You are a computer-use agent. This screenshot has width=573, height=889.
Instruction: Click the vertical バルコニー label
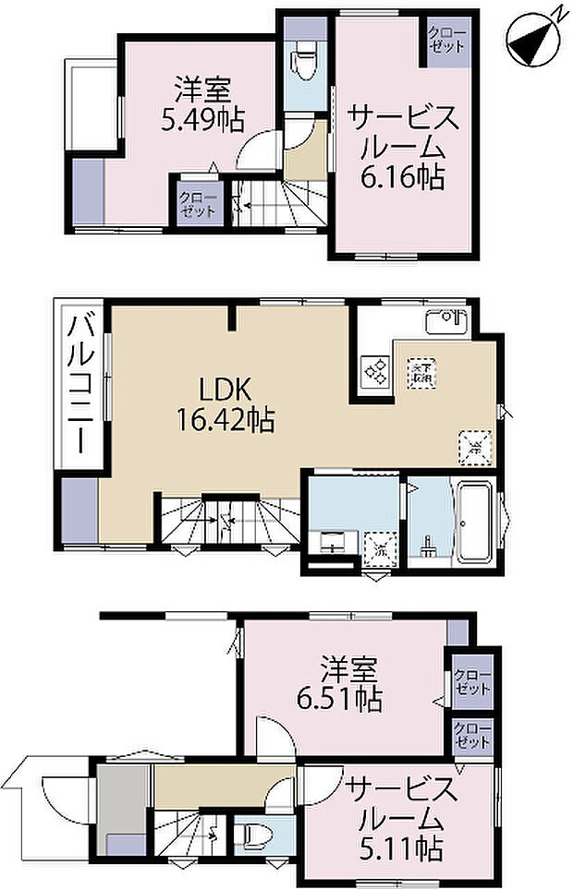[x=81, y=385]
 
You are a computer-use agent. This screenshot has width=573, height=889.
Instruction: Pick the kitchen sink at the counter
[x=447, y=324]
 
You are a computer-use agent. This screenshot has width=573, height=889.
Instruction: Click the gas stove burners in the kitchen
[x=376, y=371]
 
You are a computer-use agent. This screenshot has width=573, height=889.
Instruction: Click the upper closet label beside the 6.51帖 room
[x=472, y=684]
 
